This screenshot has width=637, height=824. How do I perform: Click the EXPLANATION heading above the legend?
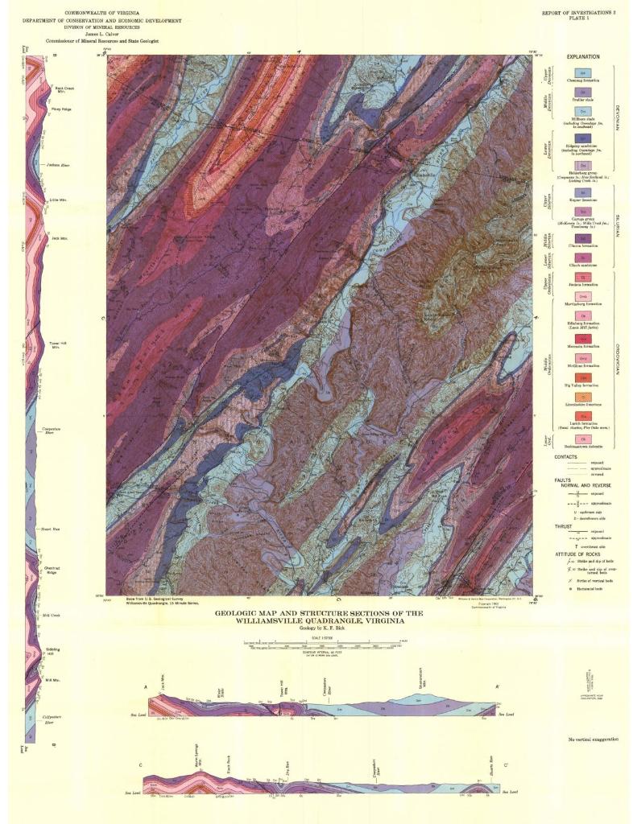pos(582,57)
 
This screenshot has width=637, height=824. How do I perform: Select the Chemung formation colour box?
pos(582,73)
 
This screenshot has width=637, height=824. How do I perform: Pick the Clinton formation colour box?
pos(582,237)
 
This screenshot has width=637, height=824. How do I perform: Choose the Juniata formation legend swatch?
pos(582,278)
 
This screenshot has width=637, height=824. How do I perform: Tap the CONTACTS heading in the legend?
pos(565,457)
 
